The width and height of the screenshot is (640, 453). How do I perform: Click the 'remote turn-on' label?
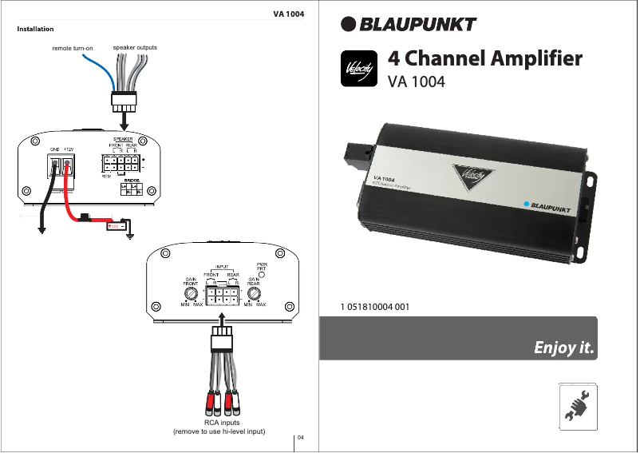click(73, 49)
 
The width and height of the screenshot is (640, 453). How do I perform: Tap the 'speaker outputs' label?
click(135, 48)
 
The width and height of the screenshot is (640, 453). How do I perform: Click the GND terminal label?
click(55, 149)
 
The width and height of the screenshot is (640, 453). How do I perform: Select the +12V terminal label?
click(69, 149)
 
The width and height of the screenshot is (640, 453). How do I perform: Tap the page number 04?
click(302, 437)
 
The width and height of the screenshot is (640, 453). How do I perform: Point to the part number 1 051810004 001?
click(375, 306)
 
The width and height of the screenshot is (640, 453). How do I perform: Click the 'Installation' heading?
click(35, 29)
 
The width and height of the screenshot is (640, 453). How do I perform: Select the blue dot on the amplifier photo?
click(527, 205)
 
